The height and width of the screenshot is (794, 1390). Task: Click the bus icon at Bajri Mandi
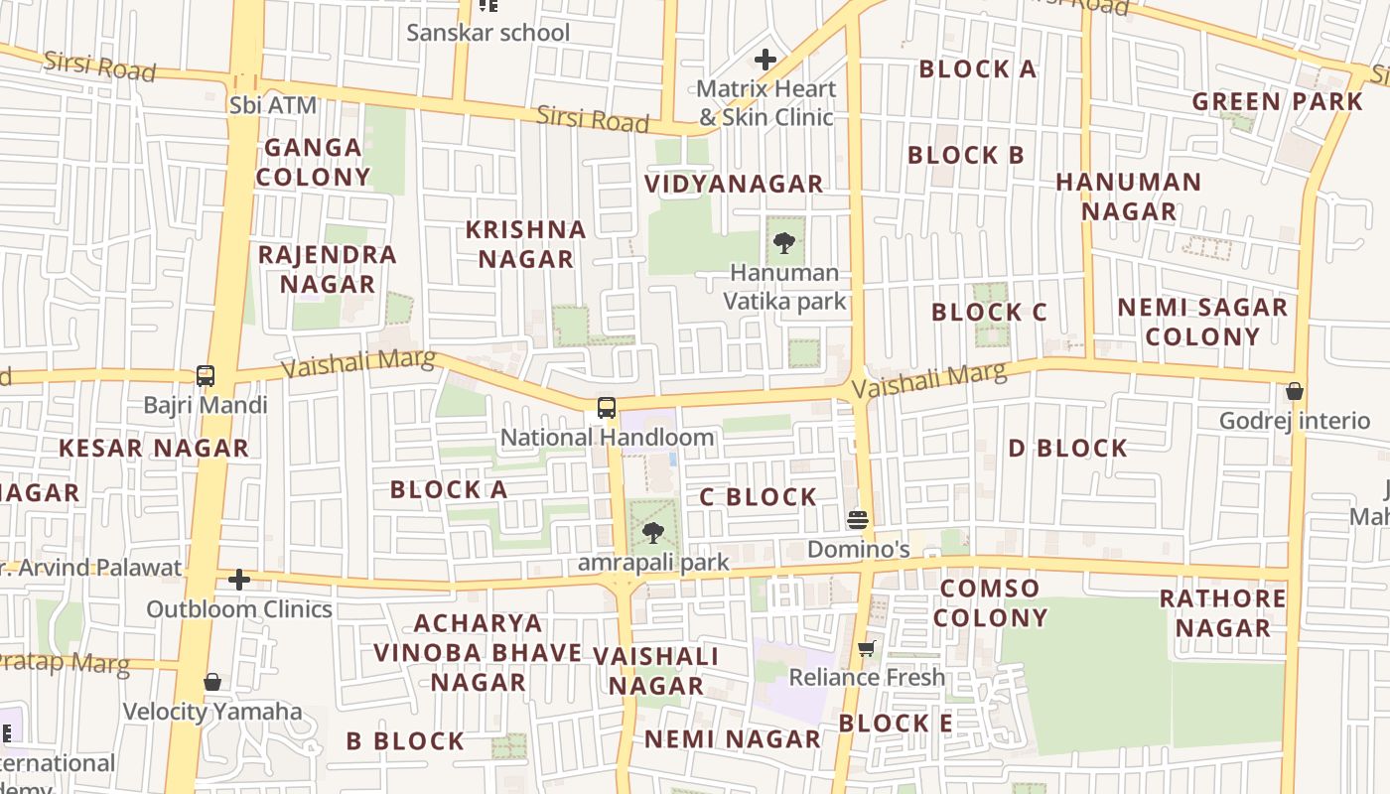tap(206, 376)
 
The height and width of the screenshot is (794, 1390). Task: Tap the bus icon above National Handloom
tap(606, 407)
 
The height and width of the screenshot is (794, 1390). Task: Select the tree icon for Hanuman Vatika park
tap(784, 242)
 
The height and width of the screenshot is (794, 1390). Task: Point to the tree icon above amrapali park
tap(652, 533)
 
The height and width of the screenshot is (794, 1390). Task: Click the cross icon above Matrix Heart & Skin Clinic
tap(764, 60)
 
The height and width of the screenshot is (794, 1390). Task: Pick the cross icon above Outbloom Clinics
tap(239, 579)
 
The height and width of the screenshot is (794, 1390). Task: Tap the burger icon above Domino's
tap(858, 519)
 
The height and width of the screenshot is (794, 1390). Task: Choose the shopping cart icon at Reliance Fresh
tap(867, 648)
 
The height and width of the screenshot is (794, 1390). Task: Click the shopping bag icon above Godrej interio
tap(1294, 391)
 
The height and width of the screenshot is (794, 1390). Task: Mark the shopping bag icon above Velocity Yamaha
tap(211, 682)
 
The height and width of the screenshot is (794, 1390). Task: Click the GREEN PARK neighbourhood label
tap(1277, 101)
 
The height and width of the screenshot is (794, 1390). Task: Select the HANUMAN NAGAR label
tap(1129, 197)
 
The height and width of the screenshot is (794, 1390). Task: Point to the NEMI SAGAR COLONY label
tap(1202, 322)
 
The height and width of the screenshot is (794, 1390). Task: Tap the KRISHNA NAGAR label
tap(526, 244)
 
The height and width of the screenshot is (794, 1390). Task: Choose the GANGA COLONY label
tap(313, 163)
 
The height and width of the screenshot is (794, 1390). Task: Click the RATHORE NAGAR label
tap(1222, 613)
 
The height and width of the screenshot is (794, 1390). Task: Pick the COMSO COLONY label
tap(990, 602)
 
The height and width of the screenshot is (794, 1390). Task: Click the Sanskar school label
tap(488, 32)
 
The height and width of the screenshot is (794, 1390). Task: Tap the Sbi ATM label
tap(273, 105)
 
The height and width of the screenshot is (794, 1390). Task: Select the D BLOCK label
tap(1067, 449)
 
